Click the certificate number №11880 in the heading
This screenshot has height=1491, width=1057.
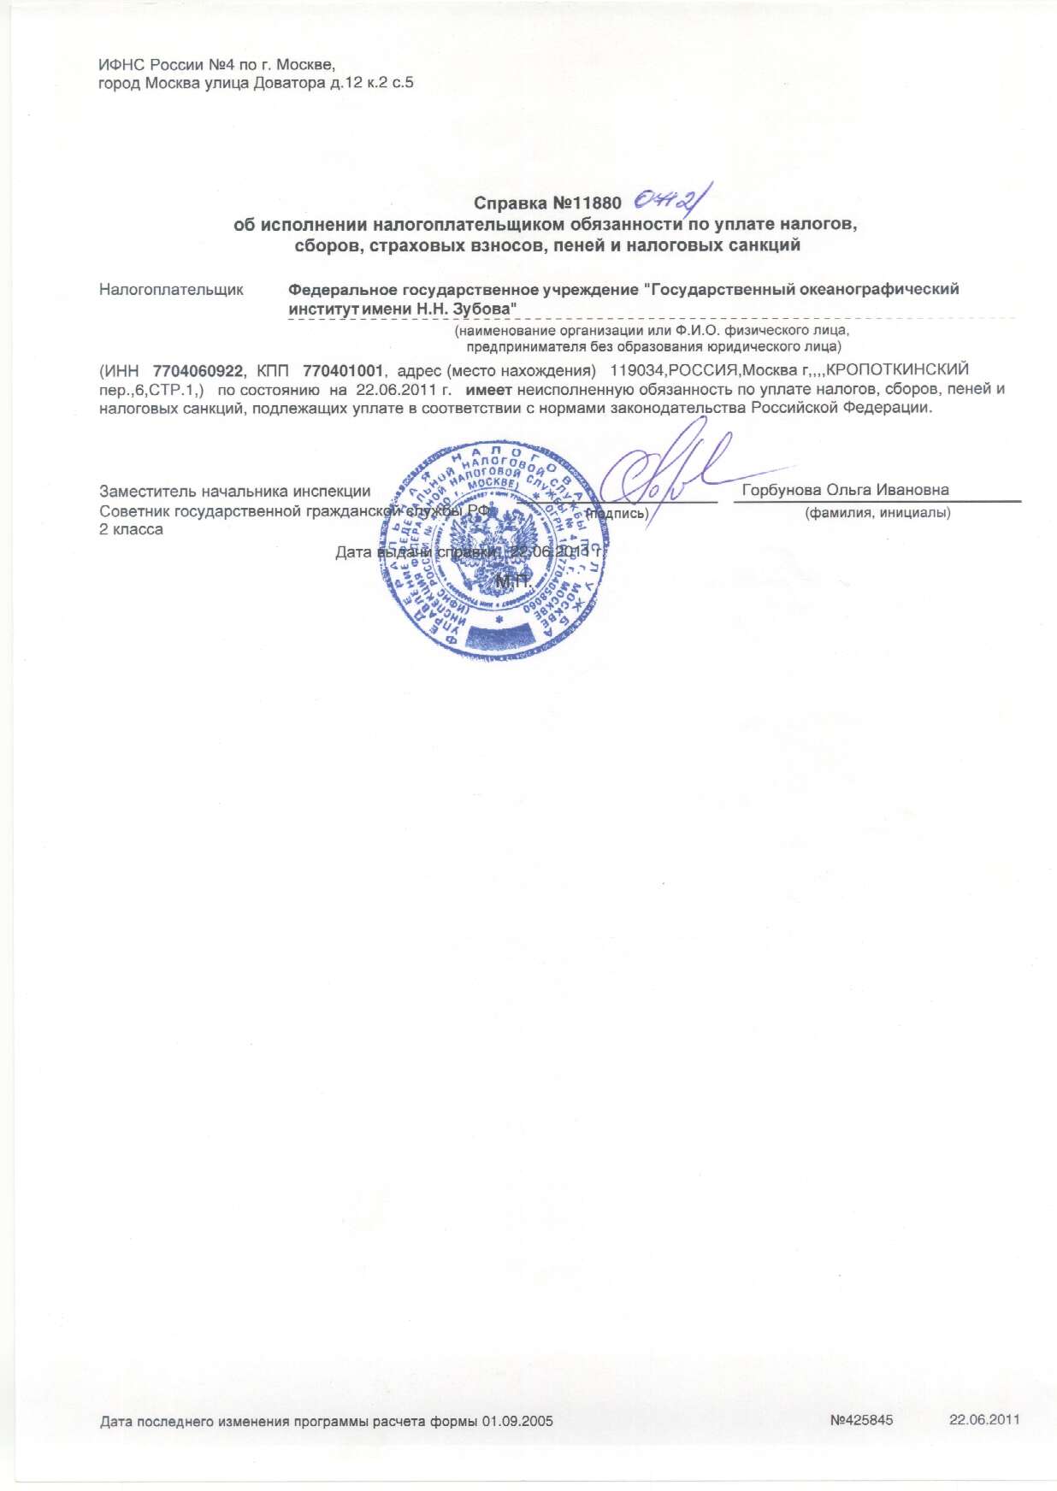coord(588,204)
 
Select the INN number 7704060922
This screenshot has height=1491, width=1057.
coord(198,370)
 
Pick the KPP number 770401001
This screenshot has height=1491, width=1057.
coord(343,370)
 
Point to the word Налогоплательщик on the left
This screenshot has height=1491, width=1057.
coord(171,290)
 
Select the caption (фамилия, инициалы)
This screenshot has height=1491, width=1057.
coord(877,513)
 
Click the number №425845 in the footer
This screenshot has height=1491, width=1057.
coord(861,1420)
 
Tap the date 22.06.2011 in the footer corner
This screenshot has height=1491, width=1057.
coord(984,1419)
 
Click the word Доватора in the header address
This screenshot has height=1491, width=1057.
coord(290,83)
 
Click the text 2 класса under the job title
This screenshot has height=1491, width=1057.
coord(131,529)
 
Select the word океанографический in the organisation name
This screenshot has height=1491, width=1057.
coord(878,290)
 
